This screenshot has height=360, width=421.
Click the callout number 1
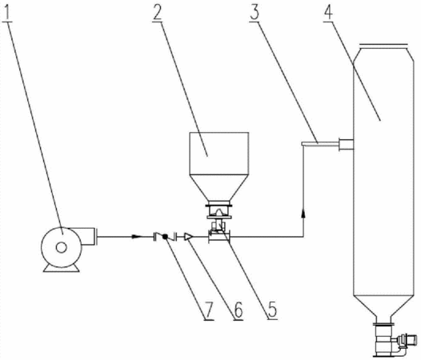(7, 12)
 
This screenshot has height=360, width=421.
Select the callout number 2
(158, 12)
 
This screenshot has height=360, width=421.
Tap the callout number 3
(255, 12)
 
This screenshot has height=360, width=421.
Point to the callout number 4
(328, 12)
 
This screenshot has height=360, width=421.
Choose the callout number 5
(272, 310)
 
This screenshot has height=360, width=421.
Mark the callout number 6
(239, 310)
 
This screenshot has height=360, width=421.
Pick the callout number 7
(209, 310)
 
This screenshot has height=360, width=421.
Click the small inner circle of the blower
(61, 247)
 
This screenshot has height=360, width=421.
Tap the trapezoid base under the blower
(61, 268)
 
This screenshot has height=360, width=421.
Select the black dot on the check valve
(165, 237)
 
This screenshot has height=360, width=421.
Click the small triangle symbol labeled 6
(188, 237)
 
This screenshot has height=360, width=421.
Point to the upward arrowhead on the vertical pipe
(303, 214)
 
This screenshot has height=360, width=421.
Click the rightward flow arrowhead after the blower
(137, 237)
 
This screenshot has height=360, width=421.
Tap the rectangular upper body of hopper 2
(219, 154)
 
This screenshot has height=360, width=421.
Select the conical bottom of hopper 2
(219, 188)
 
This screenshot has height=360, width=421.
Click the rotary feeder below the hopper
(219, 211)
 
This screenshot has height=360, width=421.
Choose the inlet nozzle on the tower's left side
(346, 145)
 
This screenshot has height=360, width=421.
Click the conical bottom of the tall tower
(383, 306)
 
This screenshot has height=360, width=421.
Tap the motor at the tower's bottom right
(408, 339)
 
